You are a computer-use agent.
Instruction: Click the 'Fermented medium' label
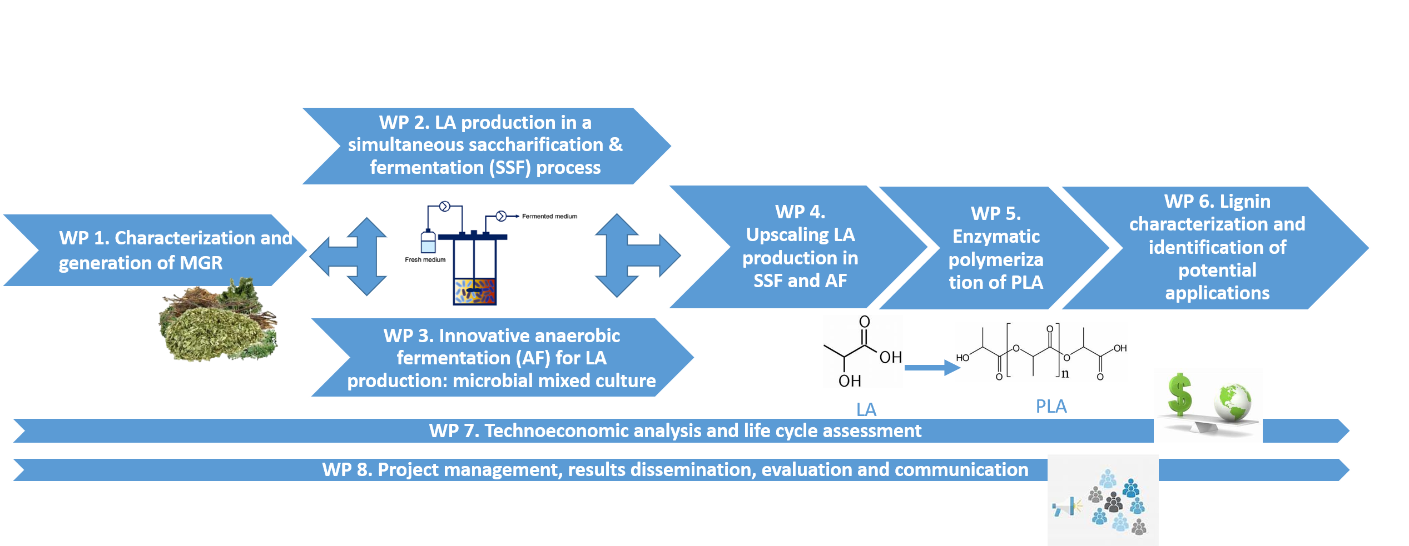click(x=549, y=217)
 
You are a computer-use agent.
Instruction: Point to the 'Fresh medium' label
click(x=425, y=260)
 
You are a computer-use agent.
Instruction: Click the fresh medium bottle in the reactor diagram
click(x=428, y=243)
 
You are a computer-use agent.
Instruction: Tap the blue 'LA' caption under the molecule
click(x=866, y=410)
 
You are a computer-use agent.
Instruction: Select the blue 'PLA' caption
click(x=1051, y=407)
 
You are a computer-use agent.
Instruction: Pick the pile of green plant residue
click(x=217, y=322)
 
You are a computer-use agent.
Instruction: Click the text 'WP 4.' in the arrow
click(x=800, y=212)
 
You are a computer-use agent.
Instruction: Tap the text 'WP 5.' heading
click(x=995, y=214)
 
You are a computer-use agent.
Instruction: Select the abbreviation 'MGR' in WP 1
click(x=201, y=263)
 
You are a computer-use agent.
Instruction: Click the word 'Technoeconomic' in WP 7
click(x=556, y=431)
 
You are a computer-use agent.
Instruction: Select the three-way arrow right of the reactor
click(x=634, y=256)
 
